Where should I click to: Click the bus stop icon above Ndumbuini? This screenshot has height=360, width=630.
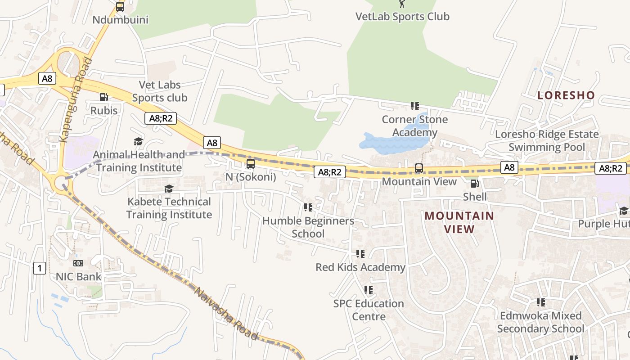pyautogui.click(x=120, y=7)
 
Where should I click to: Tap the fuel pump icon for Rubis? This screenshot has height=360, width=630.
pyautogui.click(x=103, y=97)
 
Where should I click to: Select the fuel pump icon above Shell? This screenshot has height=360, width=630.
pyautogui.click(x=474, y=184)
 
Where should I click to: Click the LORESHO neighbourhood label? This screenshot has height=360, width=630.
pyautogui.click(x=566, y=95)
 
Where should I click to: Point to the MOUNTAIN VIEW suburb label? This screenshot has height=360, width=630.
pyautogui.click(x=459, y=222)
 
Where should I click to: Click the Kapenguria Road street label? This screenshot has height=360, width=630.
pyautogui.click(x=76, y=100)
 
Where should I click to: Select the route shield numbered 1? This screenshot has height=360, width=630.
pyautogui.click(x=40, y=269)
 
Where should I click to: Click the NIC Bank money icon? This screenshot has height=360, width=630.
pyautogui.click(x=78, y=263)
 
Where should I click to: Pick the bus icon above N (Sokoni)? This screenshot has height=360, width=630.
pyautogui.click(x=251, y=164)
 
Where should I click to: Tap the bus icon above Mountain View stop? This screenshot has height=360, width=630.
pyautogui.click(x=418, y=168)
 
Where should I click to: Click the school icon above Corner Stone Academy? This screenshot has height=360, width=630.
pyautogui.click(x=414, y=106)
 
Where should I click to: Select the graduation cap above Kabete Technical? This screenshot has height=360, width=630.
pyautogui.click(x=169, y=189)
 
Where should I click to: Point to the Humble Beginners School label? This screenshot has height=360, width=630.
pyautogui.click(x=308, y=227)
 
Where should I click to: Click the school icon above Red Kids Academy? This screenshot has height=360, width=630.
pyautogui.click(x=360, y=254)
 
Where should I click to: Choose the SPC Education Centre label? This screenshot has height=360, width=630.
pyautogui.click(x=369, y=310)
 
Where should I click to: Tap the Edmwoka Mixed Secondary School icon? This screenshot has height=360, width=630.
pyautogui.click(x=540, y=302)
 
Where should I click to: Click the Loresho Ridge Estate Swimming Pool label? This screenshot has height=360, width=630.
pyautogui.click(x=547, y=140)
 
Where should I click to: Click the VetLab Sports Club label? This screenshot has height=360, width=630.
pyautogui.click(x=402, y=17)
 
